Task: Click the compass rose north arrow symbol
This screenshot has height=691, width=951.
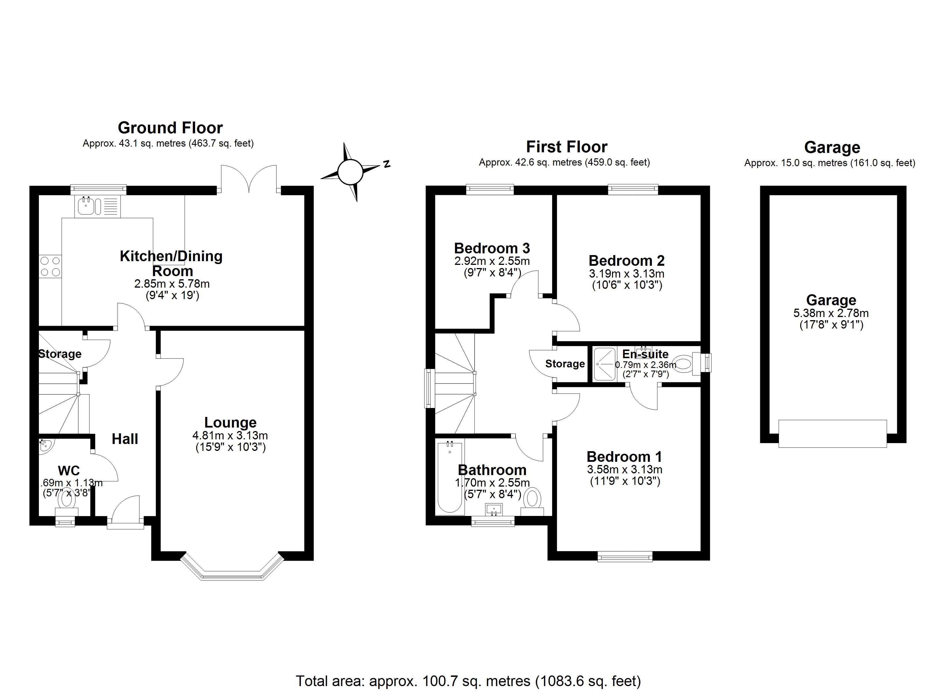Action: (x=350, y=172)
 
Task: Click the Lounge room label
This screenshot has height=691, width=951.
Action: (x=230, y=422)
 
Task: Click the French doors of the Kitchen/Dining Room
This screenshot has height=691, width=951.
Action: (x=249, y=180)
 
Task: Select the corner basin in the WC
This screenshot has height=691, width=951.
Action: (x=44, y=445)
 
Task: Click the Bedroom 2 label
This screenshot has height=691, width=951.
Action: (x=627, y=261)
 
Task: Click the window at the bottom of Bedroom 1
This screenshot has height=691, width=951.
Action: (x=625, y=557)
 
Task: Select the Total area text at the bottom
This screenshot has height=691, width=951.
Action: (x=468, y=681)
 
